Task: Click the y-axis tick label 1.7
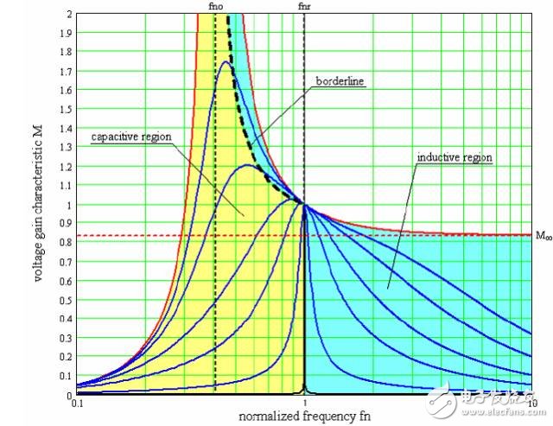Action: pos(67,72)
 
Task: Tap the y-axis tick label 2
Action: pos(69,15)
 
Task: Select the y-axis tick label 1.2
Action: pos(67,167)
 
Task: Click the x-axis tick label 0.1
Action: pos(78,404)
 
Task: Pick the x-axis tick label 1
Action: pos(304,404)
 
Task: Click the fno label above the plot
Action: pos(215,7)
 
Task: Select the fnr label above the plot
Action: pos(304,7)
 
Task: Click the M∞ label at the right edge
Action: pos(542,236)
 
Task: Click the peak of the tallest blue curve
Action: pos(226,61)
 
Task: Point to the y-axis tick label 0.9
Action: pos(67,224)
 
